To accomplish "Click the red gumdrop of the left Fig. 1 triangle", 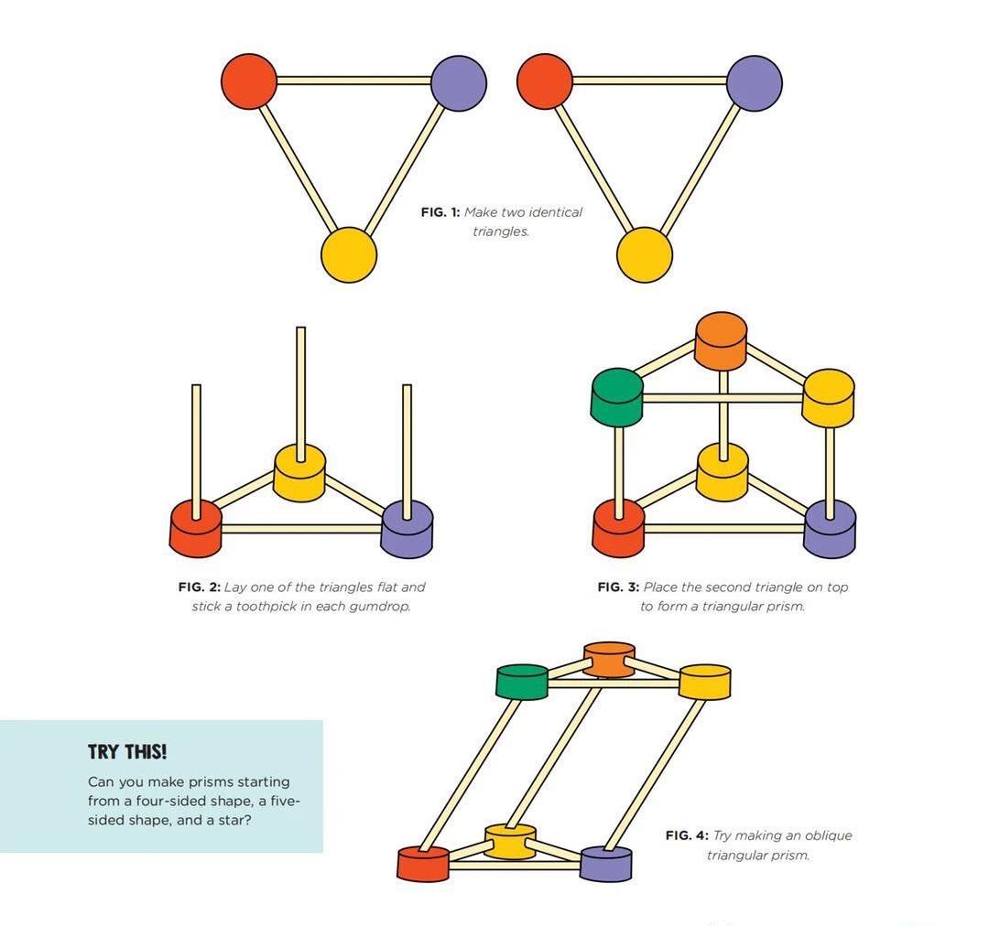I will pos(249,81).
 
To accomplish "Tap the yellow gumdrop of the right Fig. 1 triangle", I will pos(645,255).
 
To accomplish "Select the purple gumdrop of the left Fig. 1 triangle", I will pos(458,83).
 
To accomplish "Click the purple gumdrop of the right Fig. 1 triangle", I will pos(755,83).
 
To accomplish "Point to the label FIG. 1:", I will pos(440,212).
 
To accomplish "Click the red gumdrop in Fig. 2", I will pos(196,528).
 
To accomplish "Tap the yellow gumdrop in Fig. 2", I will pos(299,472).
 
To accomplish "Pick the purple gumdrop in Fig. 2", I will pos(407,528).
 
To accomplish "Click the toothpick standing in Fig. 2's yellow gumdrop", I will pos(300,384).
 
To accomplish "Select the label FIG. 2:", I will pos(199,587).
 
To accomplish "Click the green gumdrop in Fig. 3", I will pos(617,396).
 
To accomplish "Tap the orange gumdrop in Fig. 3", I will pos(721,340).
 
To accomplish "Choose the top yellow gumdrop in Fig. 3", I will pos(828,397).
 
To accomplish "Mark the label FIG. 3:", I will pos(618,587).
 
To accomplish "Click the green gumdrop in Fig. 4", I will pos(522,682).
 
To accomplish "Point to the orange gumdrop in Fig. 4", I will pos(609,659).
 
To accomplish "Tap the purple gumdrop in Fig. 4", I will pos(606,863).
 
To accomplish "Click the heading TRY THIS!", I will pos(127,752).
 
